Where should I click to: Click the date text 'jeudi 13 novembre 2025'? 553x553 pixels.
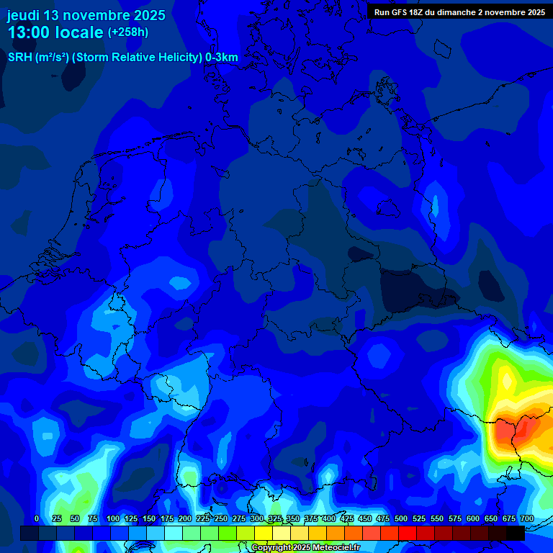pyautogui.click(x=86, y=15)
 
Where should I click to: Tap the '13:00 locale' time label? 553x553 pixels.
pyautogui.click(x=55, y=32)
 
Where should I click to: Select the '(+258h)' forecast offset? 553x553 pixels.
pyautogui.click(x=128, y=32)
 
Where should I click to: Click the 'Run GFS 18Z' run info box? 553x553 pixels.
pyautogui.click(x=459, y=12)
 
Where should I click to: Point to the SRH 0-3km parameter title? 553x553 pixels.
pyautogui.click(x=123, y=58)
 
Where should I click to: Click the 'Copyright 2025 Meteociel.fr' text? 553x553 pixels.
pyautogui.click(x=305, y=547)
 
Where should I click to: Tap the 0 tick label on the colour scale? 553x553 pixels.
pyautogui.click(x=37, y=518)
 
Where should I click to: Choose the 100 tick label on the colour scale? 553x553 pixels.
pyautogui.click(x=113, y=518)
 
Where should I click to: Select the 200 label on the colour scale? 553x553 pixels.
pyautogui.click(x=185, y=518)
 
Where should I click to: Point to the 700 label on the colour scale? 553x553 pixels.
pyautogui.click(x=526, y=518)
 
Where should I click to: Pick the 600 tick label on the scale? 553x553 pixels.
pyautogui.click(x=473, y=518)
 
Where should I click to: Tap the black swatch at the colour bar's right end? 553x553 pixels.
pyautogui.click(x=516, y=533)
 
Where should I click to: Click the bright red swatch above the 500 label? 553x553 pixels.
pyautogui.click(x=408, y=533)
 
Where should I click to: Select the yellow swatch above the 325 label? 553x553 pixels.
pyautogui.click(x=264, y=533)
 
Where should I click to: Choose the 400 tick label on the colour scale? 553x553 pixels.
pyautogui.click(x=329, y=518)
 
